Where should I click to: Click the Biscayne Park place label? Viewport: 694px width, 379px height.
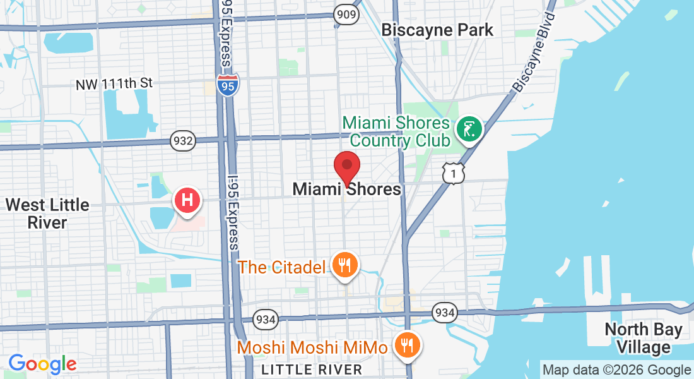(437, 30)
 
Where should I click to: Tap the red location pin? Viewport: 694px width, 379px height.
(346, 167)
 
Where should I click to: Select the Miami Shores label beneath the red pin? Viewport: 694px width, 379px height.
(346, 189)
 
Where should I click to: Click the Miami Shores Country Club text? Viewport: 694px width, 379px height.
(396, 131)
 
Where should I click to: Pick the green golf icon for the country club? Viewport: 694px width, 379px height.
(469, 129)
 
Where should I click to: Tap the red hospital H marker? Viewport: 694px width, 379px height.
(187, 201)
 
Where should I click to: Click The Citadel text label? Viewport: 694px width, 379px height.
(281, 267)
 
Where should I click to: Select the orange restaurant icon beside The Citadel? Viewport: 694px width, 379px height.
(344, 265)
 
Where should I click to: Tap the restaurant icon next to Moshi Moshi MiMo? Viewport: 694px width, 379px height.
(408, 346)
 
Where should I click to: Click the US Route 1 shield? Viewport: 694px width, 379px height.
(454, 173)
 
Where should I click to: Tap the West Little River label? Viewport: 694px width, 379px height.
(47, 214)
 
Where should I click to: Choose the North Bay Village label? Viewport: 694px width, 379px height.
(643, 338)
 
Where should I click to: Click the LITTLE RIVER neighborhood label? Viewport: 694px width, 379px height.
(312, 369)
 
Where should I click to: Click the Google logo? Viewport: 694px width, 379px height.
(42, 363)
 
